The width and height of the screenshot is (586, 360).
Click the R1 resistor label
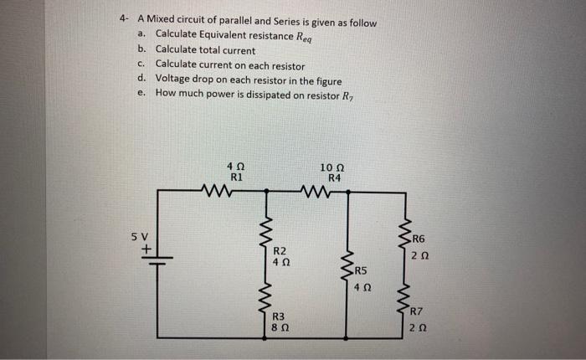tap(235, 177)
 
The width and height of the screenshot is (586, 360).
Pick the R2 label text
tap(280, 251)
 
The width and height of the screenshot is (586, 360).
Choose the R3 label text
tap(280, 316)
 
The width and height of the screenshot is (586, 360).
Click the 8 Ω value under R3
tap(280, 328)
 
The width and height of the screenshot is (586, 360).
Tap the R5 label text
tap(361, 270)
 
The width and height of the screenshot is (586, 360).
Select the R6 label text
tap(419, 239)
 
